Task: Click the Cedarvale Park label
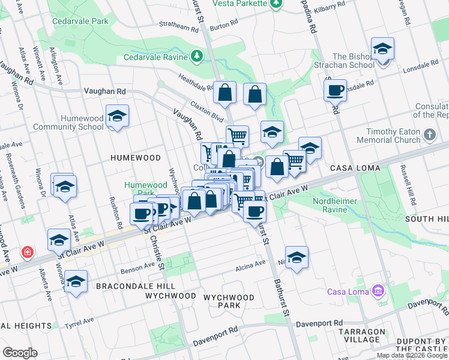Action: (80, 20)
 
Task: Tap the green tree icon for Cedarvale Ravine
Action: (197, 57)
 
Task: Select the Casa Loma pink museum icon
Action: (378, 292)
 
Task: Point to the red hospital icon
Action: (27, 252)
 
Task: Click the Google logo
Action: (20, 353)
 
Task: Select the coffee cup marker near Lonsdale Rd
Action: (335, 91)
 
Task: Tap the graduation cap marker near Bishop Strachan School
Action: (382, 49)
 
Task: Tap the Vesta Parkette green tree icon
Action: (276, 4)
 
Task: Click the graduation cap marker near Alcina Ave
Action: (297, 257)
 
